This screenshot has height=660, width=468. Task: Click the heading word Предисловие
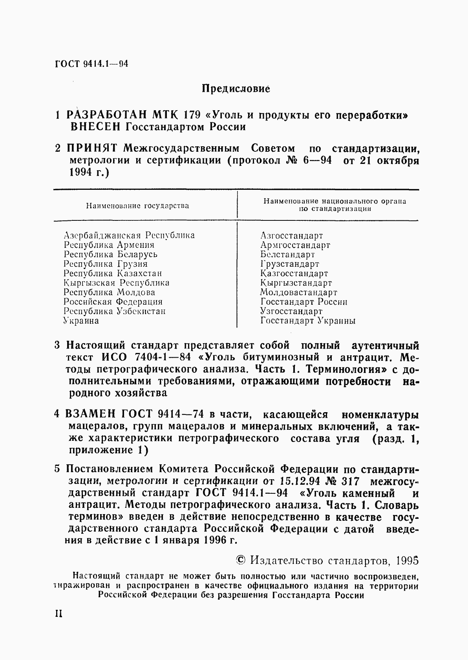coord(236,89)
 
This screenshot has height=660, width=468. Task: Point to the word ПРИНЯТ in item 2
coord(92,149)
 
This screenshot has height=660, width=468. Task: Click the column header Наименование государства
coord(137,205)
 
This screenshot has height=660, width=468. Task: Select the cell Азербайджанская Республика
coord(129,235)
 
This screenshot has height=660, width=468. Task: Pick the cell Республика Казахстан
coord(113,273)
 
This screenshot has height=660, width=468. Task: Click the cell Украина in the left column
coord(81,321)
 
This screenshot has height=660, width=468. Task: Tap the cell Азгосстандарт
coord(291,236)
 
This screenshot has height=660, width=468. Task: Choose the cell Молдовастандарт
coord(298,293)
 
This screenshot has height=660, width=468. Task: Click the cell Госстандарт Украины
coord(308,321)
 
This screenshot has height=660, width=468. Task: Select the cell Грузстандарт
coord(290,264)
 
